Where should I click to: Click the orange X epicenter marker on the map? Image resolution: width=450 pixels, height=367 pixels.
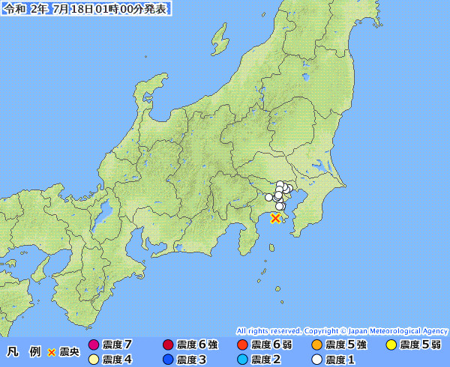pos(275,218)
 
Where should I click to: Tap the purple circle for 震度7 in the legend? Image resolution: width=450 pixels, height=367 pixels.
pos(94,345)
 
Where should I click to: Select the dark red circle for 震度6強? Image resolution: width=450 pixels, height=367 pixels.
pos(168,345)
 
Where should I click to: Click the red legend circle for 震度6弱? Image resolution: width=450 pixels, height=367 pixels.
pos(242,345)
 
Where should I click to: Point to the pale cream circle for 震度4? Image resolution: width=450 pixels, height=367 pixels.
pos(94,360)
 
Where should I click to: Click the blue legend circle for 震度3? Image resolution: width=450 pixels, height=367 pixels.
pos(168,360)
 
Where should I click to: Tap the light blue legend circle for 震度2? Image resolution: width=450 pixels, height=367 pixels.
pos(242,360)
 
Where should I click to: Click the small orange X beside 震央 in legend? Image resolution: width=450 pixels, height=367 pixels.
pos(52,352)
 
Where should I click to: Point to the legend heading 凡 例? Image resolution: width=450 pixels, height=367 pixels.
pos(23,352)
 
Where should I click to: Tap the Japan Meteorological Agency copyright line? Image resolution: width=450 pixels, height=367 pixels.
pos(342,330)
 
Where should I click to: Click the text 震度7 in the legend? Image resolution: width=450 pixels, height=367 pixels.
pos(118,345)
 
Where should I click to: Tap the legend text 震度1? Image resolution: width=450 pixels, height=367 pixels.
pos(340,360)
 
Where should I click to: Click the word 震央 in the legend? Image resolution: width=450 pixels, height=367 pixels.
pos(70,352)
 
